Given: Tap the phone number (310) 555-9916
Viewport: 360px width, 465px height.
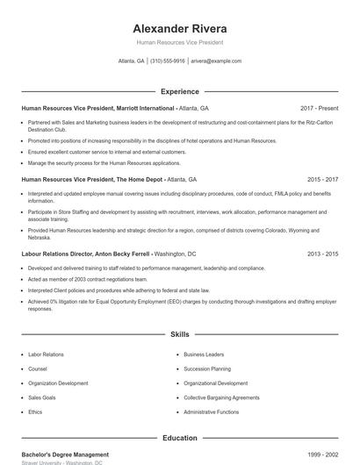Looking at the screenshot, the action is point(167,61).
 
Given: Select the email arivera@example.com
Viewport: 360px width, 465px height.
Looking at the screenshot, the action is point(216,61).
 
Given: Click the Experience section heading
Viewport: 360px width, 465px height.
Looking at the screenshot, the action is point(179,91).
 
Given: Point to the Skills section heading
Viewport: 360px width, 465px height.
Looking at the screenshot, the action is point(179,334).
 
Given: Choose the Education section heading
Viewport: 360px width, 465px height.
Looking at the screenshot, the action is point(179,437).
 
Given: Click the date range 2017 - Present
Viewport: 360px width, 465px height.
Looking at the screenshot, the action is point(319,108).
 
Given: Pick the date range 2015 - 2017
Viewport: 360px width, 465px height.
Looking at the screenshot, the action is point(320,178).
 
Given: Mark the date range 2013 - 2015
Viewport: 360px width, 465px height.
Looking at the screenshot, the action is point(320,254).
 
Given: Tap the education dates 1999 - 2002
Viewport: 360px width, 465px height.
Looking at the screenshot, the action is point(320,454).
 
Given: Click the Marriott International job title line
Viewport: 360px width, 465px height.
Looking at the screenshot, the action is point(115,108).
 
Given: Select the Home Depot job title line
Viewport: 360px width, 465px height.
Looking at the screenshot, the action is point(109,178).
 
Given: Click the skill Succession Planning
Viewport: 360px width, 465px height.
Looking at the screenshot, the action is point(207,368).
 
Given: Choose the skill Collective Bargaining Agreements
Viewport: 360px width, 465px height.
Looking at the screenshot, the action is point(221,397).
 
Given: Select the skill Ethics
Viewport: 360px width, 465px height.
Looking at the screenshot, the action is point(35,411).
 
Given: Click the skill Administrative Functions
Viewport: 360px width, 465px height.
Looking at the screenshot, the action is point(212,411).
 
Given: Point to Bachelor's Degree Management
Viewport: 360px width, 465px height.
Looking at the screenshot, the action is point(65,454).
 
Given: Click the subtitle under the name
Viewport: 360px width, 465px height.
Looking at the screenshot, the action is point(179,42).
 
